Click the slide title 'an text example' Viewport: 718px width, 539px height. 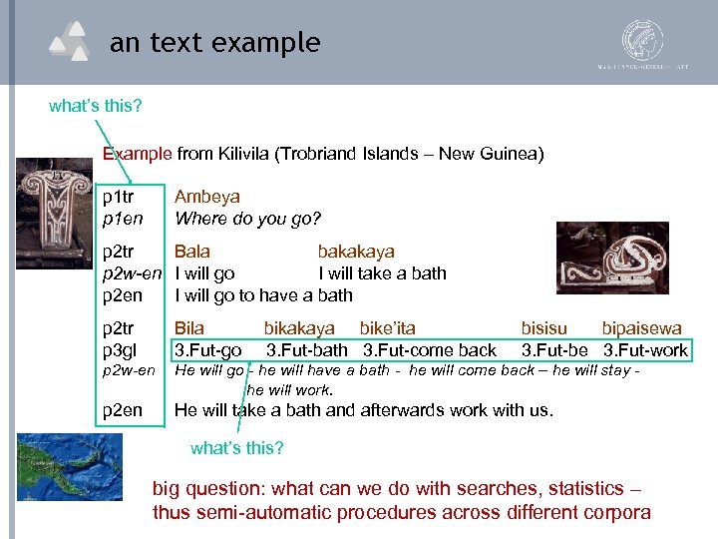[214, 43]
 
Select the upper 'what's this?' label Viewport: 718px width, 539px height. [96, 105]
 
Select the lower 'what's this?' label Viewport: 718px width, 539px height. [236, 448]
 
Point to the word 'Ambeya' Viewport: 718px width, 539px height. [207, 197]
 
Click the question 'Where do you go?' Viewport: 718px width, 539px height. [248, 218]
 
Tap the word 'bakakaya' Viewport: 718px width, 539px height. [356, 252]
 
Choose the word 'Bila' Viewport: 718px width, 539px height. [189, 327]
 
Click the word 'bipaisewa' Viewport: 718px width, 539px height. [642, 327]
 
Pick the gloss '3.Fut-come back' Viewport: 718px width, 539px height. [430, 349]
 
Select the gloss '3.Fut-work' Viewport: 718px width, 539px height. [645, 349]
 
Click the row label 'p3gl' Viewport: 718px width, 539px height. [120, 349]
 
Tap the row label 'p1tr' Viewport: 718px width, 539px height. [119, 197]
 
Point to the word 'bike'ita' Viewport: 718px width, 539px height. [388, 327]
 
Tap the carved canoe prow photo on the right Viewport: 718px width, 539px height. [612, 265]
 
